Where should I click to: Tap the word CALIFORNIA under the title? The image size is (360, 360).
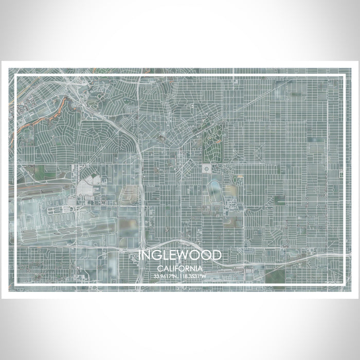pos(180,268)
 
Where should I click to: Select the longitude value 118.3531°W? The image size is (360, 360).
pos(194,276)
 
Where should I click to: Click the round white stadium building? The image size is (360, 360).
pos(207,169)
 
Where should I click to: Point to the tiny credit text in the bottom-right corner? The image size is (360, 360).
pos(333,280)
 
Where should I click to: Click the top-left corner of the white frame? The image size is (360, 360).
pos(16,76)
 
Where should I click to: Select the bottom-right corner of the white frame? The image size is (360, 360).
pos(344,284)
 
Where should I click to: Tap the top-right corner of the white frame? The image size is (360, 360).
pos(344,76)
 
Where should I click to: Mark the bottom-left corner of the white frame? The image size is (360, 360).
pos(16,284)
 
